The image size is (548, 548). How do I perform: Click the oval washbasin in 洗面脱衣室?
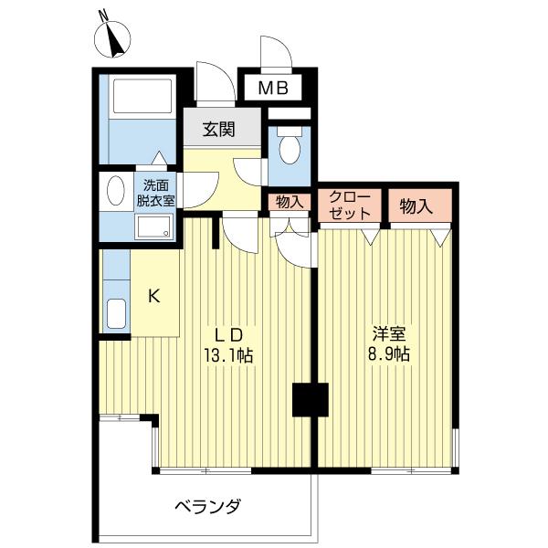117,191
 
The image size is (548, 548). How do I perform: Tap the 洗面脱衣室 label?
157,190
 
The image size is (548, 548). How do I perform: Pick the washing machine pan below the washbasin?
152,228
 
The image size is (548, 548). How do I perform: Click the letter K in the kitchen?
154,295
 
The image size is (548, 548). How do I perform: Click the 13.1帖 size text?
233,355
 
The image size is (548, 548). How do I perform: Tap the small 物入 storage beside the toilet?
289,202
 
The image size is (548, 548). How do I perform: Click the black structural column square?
309,399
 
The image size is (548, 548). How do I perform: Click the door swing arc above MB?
274,53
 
